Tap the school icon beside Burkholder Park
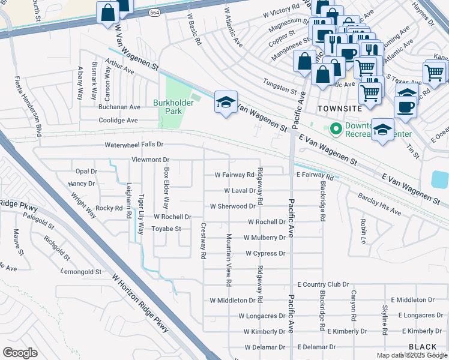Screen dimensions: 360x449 pyautogui.click(x=226, y=103)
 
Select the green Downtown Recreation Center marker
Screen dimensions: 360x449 pyautogui.click(x=335, y=128)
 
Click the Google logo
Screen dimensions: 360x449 pyautogui.click(x=20, y=352)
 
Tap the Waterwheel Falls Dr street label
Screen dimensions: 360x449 pyautogui.click(x=134, y=145)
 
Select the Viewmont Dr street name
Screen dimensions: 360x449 pyautogui.click(x=151, y=160)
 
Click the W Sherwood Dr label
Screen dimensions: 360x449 pyautogui.click(x=232, y=206)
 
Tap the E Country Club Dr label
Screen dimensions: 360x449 pyautogui.click(x=323, y=284)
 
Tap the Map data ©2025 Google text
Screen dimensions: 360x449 pyautogui.click(x=411, y=355)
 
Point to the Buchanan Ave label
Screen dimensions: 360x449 pyautogui.click(x=119, y=107)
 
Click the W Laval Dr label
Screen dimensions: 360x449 pyautogui.click(x=240, y=190)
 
